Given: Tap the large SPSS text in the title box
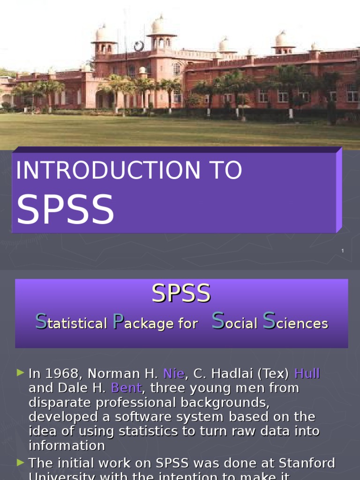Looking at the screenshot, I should click(x=65, y=209).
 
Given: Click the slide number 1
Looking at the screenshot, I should click(x=343, y=251).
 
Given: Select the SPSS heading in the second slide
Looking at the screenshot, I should click(x=181, y=294).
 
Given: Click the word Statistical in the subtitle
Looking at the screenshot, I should click(x=71, y=322).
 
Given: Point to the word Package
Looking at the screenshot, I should click(x=143, y=322).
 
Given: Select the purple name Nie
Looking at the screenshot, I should click(x=173, y=374).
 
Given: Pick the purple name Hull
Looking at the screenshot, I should click(x=307, y=374).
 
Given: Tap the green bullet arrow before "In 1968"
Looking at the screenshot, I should click(x=20, y=373).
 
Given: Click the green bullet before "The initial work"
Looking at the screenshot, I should click(x=20, y=463).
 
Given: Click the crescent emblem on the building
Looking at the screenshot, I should click(x=139, y=46).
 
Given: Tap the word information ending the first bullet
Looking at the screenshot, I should click(x=67, y=445).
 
